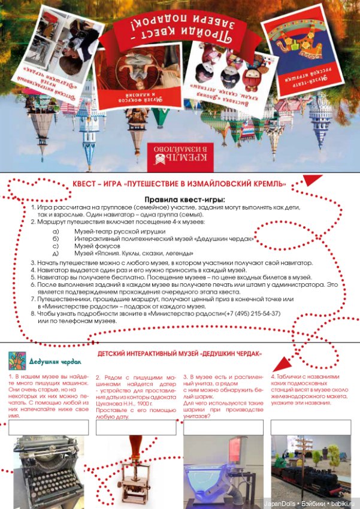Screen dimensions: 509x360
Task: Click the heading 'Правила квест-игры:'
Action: pos(184,199)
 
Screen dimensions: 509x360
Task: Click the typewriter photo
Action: pos(49,471)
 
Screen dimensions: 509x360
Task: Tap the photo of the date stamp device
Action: pos(136,471)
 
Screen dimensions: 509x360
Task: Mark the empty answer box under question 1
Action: pos(49,427)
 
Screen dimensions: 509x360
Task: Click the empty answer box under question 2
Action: pos(136,427)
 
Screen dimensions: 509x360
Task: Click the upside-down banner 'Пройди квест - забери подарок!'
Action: pos(180,27)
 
